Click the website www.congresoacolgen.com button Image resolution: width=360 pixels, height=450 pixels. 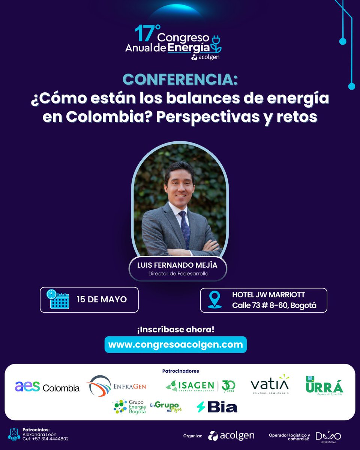coord(175,345)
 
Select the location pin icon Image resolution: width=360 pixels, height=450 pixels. coord(215,300)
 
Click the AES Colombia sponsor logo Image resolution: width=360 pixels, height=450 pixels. coord(47,387)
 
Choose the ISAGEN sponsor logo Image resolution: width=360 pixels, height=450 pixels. coord(200,386)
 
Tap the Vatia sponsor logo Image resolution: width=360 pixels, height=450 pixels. coord(270,385)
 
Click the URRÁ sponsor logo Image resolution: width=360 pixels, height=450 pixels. coord(324,385)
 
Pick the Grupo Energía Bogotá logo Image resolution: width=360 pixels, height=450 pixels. coord(130,407)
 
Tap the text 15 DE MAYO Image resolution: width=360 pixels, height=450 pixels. coord(102,299)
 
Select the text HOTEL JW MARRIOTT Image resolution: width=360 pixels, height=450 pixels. coord(268,295)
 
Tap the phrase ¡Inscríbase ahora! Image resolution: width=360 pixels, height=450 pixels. coord(175,330)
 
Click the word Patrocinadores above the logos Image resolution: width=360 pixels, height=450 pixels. coord(180,371)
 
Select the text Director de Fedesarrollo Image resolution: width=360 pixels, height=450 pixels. coord(178,274)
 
